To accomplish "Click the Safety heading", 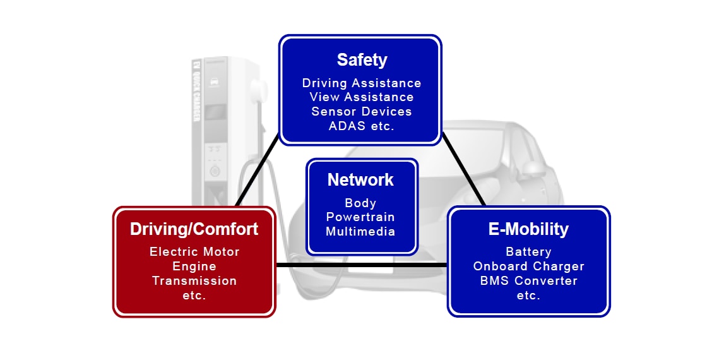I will (x=362, y=60).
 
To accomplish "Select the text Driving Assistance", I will (x=362, y=83).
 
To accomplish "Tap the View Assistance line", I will (x=362, y=97).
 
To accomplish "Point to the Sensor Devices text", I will (x=362, y=111).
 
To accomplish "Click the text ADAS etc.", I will (x=362, y=125).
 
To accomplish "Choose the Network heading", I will (x=360, y=180).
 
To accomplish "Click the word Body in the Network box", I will (x=360, y=203).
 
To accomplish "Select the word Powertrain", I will (x=360, y=217).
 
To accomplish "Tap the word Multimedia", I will (x=360, y=231).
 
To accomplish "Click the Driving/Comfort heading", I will (x=194, y=229).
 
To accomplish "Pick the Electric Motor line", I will (x=194, y=251).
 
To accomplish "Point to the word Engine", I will (x=194, y=266).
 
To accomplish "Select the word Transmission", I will (x=194, y=280).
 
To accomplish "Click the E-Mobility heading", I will (x=528, y=229).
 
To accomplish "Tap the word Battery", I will (x=528, y=251).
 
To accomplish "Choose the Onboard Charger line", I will (x=528, y=266).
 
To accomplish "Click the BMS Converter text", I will (x=528, y=280).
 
